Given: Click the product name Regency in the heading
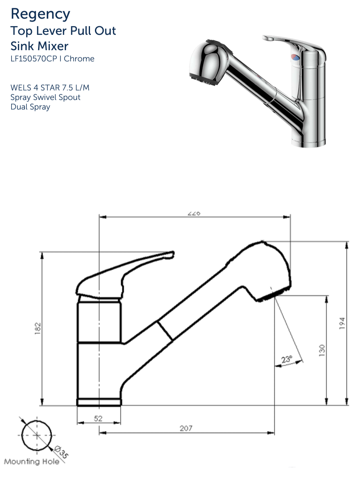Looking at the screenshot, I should pyautogui.click(x=40, y=14).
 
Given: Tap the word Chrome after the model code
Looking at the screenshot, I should pyautogui.click(x=79, y=59).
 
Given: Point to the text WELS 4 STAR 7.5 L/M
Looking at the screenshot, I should pyautogui.click(x=50, y=88).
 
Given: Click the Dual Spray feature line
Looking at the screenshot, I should pyautogui.click(x=30, y=107).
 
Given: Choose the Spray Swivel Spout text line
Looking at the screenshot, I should pyautogui.click(x=45, y=98).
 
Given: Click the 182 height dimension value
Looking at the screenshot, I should pyautogui.click(x=38, y=329).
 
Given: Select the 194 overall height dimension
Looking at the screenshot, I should pyautogui.click(x=342, y=323).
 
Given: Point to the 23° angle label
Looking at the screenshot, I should pyautogui.click(x=287, y=359).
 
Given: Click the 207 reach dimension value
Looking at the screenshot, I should pyautogui.click(x=186, y=428).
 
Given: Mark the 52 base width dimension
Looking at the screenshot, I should pyautogui.click(x=98, y=418).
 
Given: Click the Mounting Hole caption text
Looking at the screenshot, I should pyautogui.click(x=32, y=462).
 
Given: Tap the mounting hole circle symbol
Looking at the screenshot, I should pyautogui.click(x=37, y=435).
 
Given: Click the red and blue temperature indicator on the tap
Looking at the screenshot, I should pyautogui.click(x=294, y=58).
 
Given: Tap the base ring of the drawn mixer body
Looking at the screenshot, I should pyautogui.click(x=99, y=402).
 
